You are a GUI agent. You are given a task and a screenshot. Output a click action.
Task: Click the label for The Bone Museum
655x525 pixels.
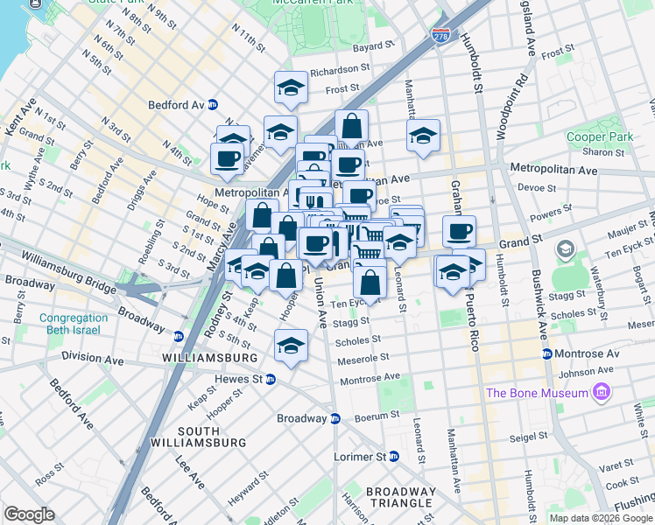click(x=537, y=392)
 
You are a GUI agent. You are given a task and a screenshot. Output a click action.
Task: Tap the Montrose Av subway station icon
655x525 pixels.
click(x=547, y=353)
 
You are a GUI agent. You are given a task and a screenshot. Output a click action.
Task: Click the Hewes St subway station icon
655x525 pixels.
click(x=271, y=379)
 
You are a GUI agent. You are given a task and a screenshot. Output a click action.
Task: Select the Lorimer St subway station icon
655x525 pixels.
click(x=394, y=457)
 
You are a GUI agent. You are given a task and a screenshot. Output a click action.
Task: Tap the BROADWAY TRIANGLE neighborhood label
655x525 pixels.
click(x=400, y=497)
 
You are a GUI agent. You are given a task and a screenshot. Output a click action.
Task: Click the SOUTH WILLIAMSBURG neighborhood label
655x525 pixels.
click(x=212, y=437)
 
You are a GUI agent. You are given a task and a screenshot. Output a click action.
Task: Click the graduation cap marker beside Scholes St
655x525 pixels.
click(x=291, y=344)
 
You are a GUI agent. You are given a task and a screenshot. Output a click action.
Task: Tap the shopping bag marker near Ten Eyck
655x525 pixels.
click(x=370, y=281)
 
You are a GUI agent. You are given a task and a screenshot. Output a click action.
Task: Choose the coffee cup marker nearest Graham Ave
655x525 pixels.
click(x=459, y=231)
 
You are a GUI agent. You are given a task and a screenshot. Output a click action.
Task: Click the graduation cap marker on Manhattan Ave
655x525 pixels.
click(x=423, y=135)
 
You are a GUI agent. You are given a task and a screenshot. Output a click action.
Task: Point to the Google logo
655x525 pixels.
click(x=30, y=514)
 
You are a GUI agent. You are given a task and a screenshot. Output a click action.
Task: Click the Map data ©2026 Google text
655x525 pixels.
click(x=600, y=518)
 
